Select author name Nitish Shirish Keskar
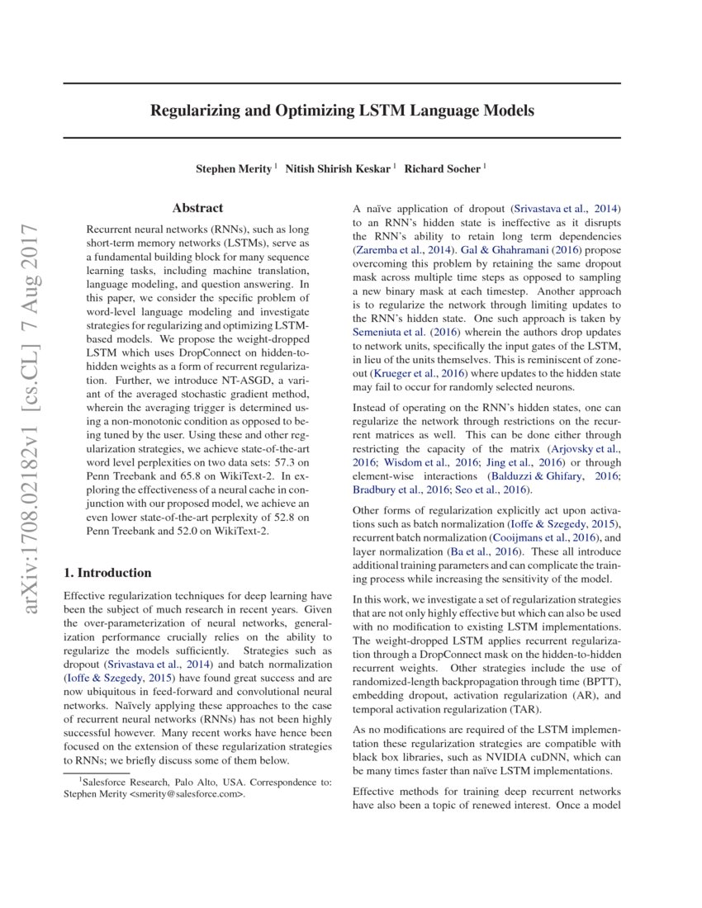339,169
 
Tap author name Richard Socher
442,169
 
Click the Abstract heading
197,209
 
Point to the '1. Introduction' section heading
107,573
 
